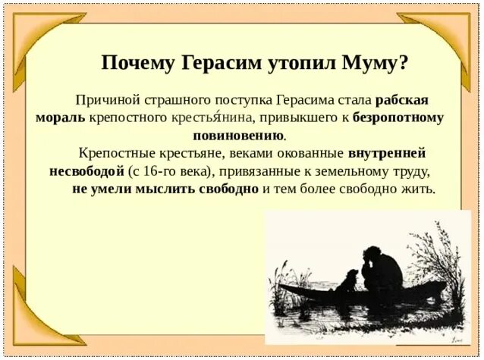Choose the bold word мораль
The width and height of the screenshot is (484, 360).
coord(60,118)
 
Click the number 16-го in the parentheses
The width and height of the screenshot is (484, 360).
coord(166,171)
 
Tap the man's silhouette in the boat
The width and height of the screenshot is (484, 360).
coord(382,265)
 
